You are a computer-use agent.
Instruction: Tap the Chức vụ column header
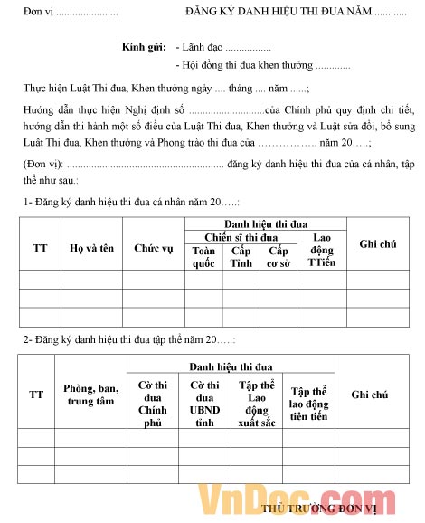coord(154,247)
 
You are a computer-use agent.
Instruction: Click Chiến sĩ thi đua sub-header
coord(241,237)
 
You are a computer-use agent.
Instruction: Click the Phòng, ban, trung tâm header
coord(90,395)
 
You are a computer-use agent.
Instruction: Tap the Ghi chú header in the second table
coord(369,395)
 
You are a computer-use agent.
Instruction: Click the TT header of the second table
coord(36,395)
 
